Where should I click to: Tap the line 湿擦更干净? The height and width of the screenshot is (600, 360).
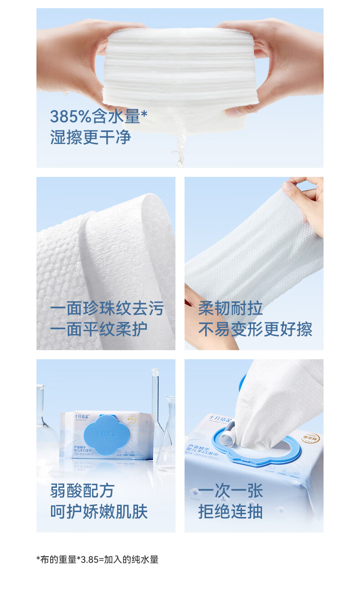click(90, 137)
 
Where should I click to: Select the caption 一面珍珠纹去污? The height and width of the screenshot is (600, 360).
click(107, 309)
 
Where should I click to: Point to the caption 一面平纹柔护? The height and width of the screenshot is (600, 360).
click(98, 329)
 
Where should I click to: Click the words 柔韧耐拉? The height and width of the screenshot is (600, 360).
click(230, 309)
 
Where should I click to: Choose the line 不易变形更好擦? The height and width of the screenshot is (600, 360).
click(255, 329)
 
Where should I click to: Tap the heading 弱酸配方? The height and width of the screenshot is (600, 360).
click(82, 491)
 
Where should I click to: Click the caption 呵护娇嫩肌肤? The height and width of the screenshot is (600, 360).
click(98, 511)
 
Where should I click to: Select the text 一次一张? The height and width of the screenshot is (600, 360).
click(230, 491)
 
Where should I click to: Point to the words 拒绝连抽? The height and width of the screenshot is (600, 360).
click(230, 511)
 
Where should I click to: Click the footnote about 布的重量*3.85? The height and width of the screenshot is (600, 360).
click(97, 559)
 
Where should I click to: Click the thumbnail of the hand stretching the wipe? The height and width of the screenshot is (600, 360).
click(254, 263)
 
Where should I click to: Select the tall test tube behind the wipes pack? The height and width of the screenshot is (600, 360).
click(155, 401)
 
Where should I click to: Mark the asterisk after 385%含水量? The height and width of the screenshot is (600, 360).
click(144, 113)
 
